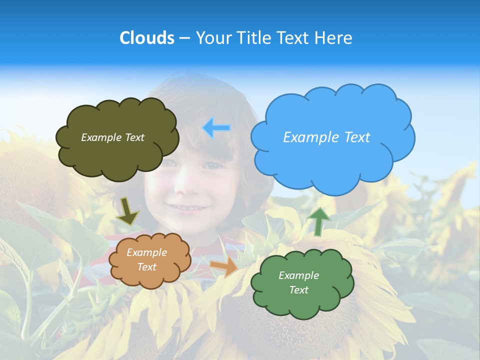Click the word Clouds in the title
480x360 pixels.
tap(147, 38)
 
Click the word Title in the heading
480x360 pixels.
tap(254, 38)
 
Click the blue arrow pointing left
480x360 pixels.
tap(216, 127)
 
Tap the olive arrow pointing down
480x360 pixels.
tap(128, 210)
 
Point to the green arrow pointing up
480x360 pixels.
tap(318, 220)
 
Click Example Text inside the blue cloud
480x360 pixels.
tap(326, 137)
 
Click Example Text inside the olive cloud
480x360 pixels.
tap(112, 137)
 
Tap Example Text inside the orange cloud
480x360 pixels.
tap(146, 260)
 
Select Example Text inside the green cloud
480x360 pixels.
tap(298, 282)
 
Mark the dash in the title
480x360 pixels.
tap(184, 38)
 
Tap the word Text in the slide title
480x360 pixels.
tap(292, 38)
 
